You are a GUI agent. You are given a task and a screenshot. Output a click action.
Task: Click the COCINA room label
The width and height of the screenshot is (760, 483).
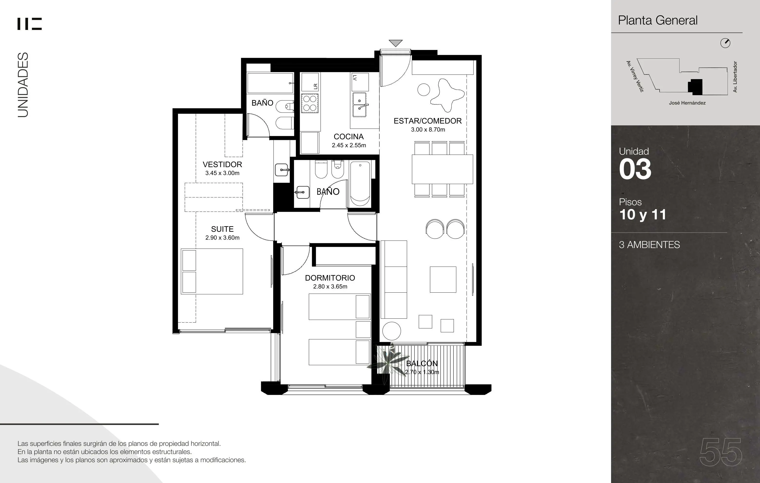349,137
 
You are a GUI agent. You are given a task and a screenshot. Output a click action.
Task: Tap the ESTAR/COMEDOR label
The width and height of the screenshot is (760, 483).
428,121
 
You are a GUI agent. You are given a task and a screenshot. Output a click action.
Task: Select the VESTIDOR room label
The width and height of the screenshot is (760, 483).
222,164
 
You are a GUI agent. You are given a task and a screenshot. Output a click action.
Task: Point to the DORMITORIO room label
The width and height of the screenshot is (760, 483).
330,278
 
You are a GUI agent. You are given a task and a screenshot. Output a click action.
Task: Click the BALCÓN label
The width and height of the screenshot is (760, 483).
422,363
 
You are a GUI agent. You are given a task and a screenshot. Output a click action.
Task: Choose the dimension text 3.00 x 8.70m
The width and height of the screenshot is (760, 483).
428,130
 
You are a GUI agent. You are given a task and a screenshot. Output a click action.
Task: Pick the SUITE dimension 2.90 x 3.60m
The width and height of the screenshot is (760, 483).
222,238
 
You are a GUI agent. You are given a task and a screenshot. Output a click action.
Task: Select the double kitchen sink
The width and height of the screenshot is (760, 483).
360,105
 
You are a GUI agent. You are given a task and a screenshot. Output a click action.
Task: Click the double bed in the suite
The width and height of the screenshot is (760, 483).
212,271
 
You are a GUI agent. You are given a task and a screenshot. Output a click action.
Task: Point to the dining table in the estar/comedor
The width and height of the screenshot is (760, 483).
442,169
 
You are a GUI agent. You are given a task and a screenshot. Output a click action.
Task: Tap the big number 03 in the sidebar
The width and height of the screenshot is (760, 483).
635,169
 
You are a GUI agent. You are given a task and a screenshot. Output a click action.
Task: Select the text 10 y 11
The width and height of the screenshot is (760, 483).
643,215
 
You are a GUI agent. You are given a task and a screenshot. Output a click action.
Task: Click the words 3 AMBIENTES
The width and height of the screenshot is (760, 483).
649,245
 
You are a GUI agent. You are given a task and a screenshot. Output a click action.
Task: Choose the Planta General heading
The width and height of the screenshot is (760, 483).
658,20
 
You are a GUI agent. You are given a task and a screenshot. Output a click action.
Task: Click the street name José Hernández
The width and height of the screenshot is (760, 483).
687,103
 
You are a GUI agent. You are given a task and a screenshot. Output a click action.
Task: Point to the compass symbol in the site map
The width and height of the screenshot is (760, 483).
725,43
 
